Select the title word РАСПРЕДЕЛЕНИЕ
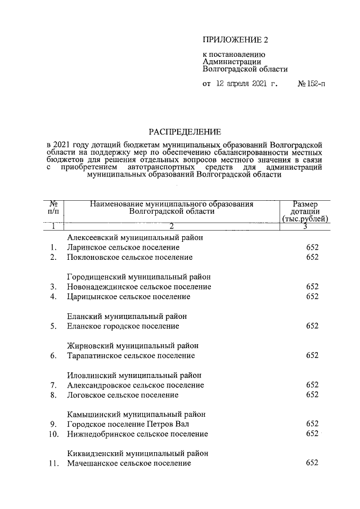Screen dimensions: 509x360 coord(184,133)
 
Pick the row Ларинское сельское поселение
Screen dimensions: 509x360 coord(123,247)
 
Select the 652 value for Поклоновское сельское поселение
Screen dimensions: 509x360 coord(312,258)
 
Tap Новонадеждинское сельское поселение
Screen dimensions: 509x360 coord(139,287)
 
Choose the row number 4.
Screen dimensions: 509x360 coord(53,297)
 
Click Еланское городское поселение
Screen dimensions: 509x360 coord(123,326)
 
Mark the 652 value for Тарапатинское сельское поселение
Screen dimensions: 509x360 coord(312,355)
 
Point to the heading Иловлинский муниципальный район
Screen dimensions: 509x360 coord(134,375)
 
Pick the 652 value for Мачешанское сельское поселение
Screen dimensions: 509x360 coord(312,463)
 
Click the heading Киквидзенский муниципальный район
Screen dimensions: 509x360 coord(137,453)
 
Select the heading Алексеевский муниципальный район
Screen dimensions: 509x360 coord(134,238)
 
